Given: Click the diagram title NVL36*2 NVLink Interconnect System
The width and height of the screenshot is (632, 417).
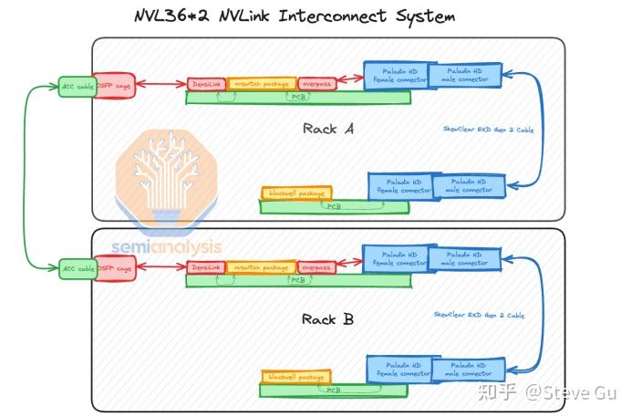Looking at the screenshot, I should pos(294,16).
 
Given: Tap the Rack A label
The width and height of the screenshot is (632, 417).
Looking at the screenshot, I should pos(327,129).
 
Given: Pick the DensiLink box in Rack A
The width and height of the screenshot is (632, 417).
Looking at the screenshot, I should pos(206,84).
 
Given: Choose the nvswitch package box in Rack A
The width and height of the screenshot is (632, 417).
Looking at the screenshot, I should pos(261,84).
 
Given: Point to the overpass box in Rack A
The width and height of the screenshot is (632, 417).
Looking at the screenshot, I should pos(316,84).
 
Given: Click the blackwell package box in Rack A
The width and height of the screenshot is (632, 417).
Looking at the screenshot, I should pos(296,193).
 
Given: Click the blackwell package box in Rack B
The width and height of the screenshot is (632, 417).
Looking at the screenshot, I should pos(296,376).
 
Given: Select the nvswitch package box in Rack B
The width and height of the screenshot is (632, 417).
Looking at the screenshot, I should pos(261,267).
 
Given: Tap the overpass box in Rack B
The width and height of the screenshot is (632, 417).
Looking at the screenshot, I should pos(316,267).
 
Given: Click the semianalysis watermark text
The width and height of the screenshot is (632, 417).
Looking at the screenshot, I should pos(166,247).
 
